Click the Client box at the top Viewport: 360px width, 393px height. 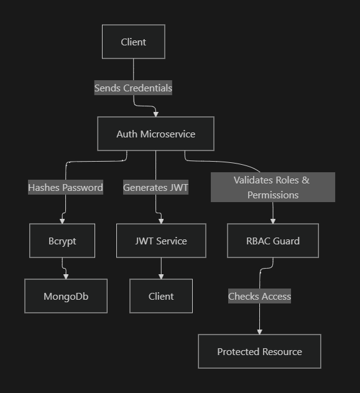click(133, 42)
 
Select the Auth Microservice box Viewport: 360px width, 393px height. click(155, 134)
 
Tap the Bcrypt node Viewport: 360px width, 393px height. click(62, 241)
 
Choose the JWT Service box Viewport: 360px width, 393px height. click(161, 241)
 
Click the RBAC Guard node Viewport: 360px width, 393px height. click(272, 241)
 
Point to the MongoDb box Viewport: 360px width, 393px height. click(66, 296)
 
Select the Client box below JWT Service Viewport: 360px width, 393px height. click(161, 296)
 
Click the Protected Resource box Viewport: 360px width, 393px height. click(259, 351)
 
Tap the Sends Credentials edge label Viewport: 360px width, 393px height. click(133, 88)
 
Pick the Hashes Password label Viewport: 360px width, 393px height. click(65, 187)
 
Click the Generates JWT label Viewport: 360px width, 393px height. click(155, 187)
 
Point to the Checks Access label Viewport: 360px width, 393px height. click(259, 296)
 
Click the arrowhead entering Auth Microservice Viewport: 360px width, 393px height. click(155, 114)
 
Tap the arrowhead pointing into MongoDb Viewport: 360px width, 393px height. click(66, 275)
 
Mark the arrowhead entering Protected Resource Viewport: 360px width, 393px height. click(259, 331)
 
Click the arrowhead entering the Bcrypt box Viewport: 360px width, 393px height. click(62, 221)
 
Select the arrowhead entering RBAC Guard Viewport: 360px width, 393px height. click(272, 221)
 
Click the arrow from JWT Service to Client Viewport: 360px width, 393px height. click(161, 267)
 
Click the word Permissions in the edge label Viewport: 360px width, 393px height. click(272, 195)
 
